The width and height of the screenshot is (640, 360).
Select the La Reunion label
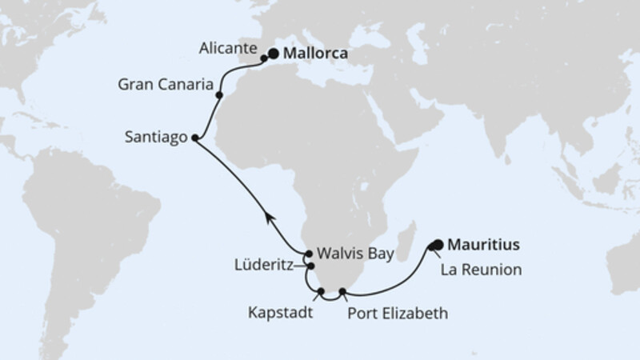coord(482,270)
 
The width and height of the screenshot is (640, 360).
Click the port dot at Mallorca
coord(274,54)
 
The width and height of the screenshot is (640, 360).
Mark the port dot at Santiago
coord(194,138)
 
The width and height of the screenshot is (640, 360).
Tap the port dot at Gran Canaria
coord(219,95)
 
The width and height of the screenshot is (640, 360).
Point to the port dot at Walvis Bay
coord(309,253)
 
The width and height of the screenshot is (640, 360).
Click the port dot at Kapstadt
coord(320,292)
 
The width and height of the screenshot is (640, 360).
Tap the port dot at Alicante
coord(263,58)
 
